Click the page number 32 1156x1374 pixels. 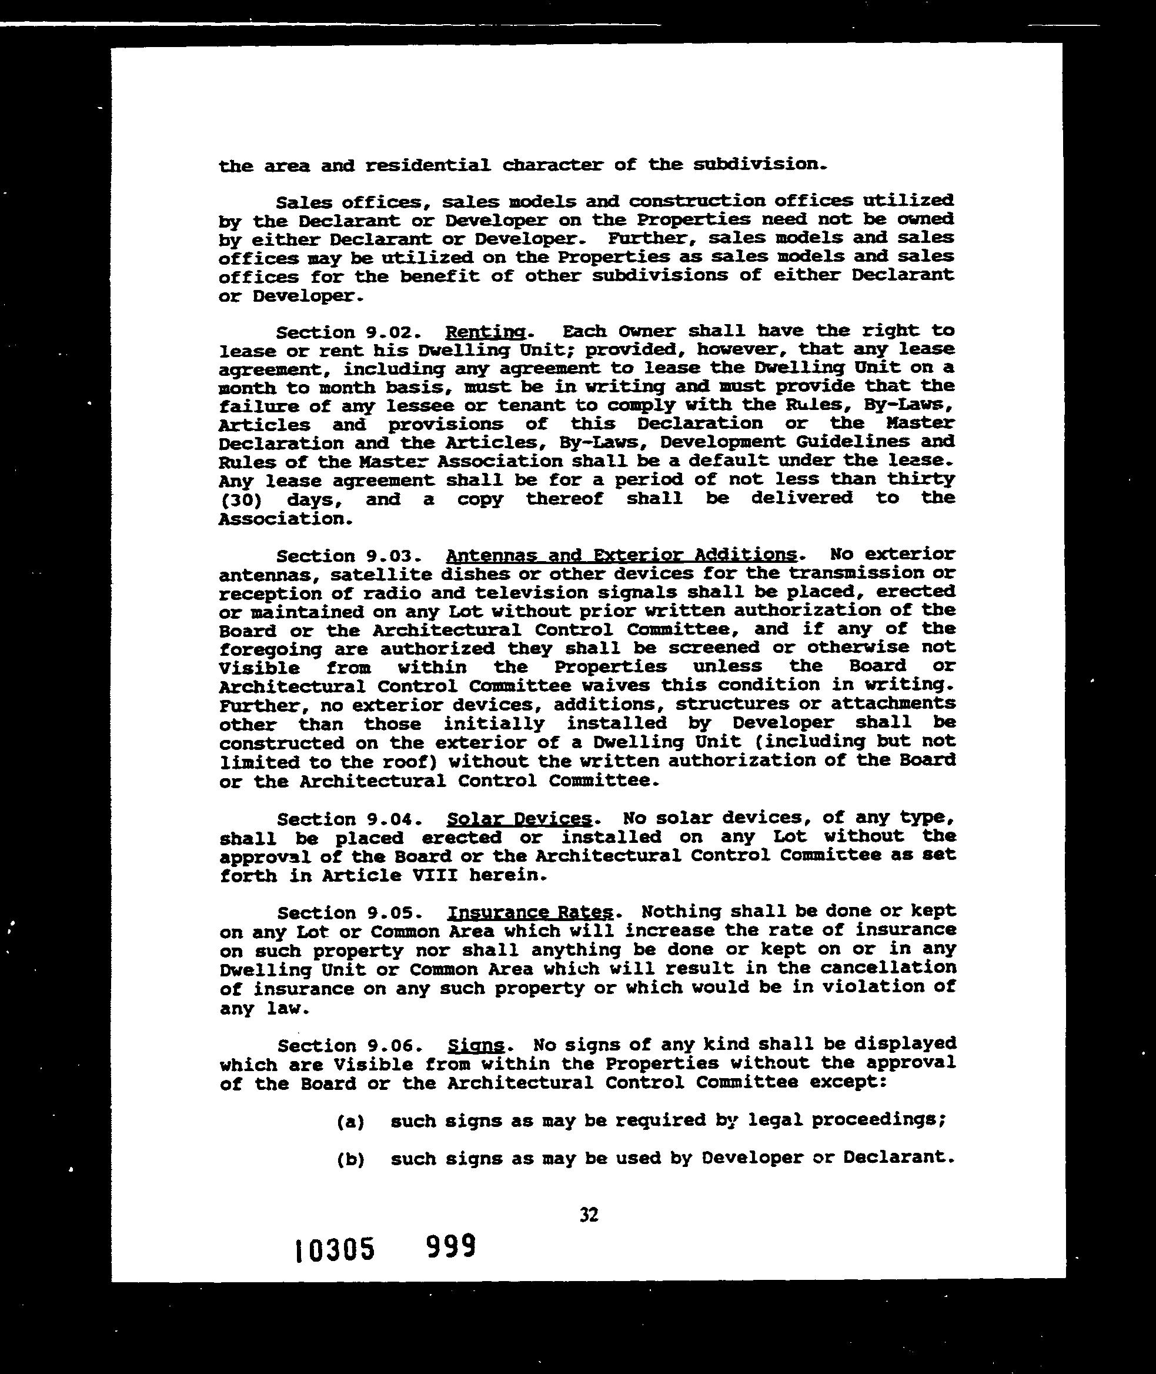(589, 1215)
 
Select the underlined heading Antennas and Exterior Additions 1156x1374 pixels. (622, 555)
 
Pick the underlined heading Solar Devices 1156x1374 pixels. (519, 819)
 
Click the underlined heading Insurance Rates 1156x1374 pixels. (531, 912)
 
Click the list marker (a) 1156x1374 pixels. (350, 1122)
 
